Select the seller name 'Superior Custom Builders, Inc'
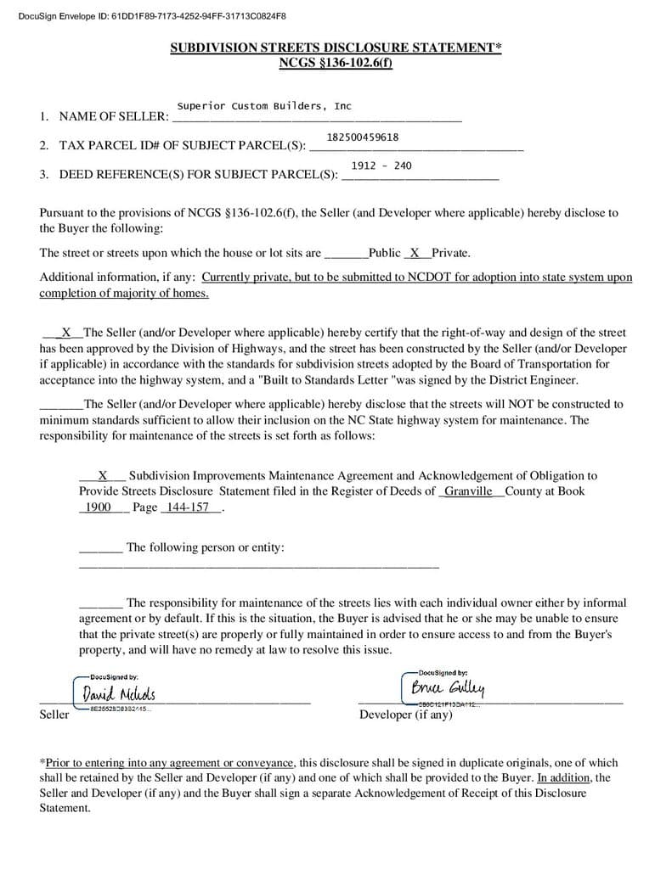[x=263, y=106]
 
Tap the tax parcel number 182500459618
[x=363, y=137]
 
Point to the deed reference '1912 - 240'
[x=381, y=165]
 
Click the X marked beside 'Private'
[x=415, y=252]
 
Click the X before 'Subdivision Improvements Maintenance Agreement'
[x=103, y=476]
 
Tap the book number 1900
[x=99, y=507]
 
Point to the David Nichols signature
[x=119, y=695]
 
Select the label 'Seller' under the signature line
[x=54, y=715]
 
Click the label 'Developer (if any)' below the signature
[x=406, y=715]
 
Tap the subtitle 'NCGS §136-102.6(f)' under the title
[x=336, y=63]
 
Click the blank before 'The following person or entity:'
[x=100, y=548]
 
